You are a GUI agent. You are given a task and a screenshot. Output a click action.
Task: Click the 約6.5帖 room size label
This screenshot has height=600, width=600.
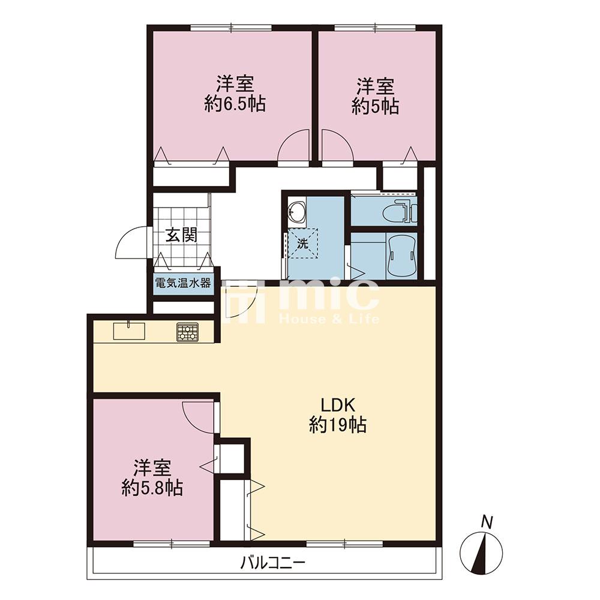(235, 104)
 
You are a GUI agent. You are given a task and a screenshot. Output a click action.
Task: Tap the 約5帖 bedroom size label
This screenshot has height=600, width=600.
(376, 106)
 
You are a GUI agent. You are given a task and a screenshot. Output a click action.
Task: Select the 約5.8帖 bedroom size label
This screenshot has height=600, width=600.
(152, 488)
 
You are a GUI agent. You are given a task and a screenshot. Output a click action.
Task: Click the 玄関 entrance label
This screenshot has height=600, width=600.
(181, 235)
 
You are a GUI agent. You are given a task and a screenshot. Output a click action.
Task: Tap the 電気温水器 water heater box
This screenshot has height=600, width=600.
(183, 284)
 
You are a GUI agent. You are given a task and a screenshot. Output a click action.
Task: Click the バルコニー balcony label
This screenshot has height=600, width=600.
(273, 563)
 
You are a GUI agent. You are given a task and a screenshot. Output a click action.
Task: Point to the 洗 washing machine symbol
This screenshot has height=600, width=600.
(302, 243)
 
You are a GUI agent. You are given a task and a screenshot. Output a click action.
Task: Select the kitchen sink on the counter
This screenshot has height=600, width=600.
(129, 331)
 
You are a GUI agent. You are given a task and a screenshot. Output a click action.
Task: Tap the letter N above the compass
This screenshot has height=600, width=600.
(486, 521)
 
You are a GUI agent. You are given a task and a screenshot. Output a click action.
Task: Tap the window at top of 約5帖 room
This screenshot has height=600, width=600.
(374, 28)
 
